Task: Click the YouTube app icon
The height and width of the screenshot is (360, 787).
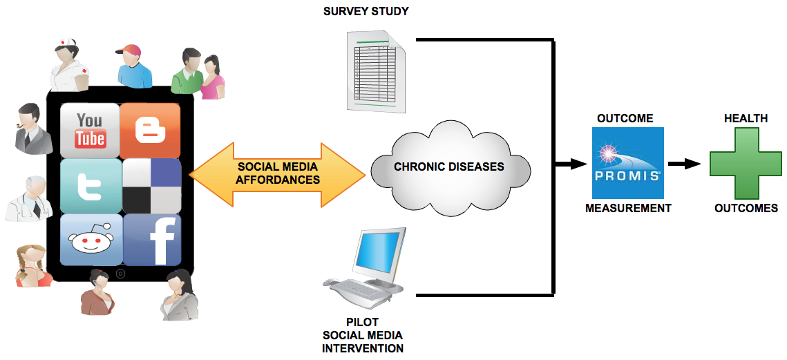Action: (x=90, y=130)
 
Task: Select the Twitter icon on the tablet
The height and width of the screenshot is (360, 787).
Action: (x=90, y=185)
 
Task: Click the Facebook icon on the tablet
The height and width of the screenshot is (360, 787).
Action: (x=151, y=240)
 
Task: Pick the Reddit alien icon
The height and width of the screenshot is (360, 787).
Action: (x=91, y=240)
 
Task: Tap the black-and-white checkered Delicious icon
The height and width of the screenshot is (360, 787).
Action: (x=151, y=185)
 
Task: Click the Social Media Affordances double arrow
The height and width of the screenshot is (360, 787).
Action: (x=277, y=174)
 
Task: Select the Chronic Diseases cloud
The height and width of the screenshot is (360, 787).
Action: (x=449, y=167)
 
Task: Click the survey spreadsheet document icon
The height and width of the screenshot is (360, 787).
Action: (x=377, y=72)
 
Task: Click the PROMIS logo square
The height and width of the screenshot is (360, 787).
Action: (x=628, y=163)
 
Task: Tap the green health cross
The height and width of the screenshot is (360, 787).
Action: (x=745, y=164)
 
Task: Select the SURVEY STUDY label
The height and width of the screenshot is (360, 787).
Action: (x=366, y=12)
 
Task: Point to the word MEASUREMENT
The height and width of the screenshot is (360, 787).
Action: (x=627, y=208)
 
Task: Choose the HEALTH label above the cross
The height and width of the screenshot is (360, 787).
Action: (x=745, y=118)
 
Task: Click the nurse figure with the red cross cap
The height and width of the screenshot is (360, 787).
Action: (x=70, y=66)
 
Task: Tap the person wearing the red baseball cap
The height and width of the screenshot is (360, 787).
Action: (x=132, y=65)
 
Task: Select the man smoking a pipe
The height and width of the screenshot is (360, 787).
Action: (x=31, y=129)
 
